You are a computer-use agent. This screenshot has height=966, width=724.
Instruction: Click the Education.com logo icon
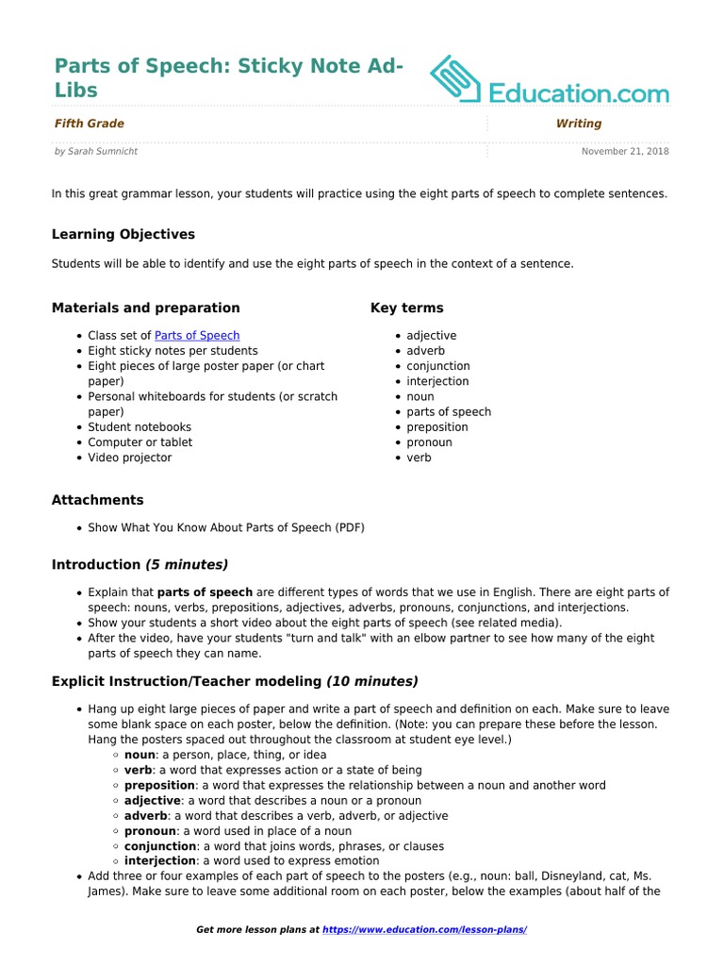456,79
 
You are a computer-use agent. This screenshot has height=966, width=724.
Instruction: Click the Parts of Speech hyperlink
197,336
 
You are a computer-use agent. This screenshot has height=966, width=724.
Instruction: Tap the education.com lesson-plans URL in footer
424,930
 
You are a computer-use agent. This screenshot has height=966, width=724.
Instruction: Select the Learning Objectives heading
123,234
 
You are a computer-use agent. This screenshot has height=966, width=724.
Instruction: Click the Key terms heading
407,308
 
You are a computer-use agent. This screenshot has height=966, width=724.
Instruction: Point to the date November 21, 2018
625,151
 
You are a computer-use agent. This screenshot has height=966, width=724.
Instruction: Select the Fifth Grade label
90,124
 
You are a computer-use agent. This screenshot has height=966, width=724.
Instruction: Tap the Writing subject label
579,124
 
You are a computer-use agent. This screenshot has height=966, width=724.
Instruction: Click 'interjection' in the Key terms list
437,381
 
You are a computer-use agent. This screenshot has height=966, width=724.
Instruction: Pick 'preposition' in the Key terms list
436,427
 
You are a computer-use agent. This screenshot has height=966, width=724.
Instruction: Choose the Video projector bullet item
130,458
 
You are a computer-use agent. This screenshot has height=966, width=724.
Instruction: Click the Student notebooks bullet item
140,427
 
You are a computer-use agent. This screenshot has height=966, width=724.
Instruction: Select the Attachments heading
98,500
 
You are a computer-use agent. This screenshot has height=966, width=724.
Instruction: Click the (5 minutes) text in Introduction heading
187,564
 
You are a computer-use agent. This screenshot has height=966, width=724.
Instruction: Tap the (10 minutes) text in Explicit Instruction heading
372,681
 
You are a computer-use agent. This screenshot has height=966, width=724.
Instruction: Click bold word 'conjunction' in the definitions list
159,846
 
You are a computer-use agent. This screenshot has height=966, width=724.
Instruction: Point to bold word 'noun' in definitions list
140,755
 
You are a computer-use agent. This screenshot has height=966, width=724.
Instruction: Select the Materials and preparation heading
146,308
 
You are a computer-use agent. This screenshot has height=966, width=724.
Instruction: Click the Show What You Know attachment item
226,527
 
